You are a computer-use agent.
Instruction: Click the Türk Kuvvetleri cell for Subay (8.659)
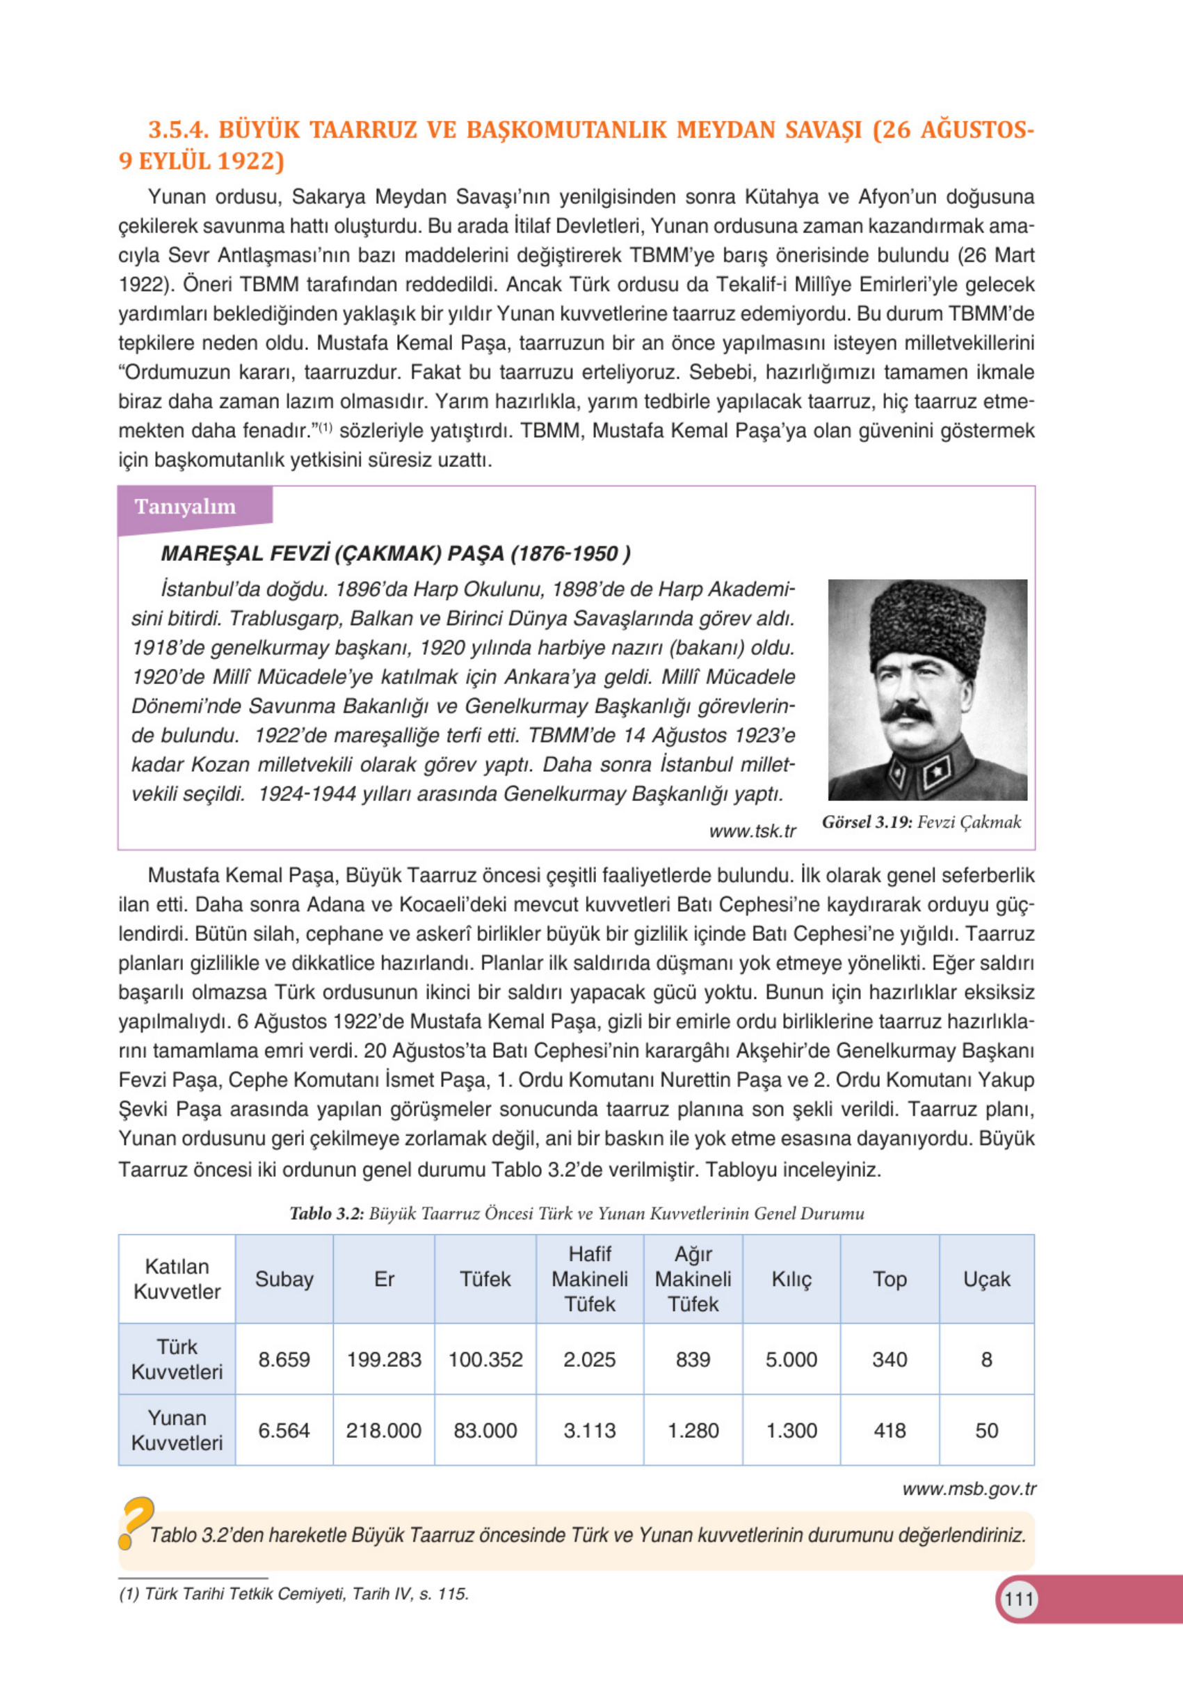click(x=284, y=1359)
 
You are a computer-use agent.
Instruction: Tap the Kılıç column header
click(x=791, y=1279)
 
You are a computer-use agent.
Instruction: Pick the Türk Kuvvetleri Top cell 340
click(x=890, y=1359)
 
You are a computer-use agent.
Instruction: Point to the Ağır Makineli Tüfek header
click(x=693, y=1279)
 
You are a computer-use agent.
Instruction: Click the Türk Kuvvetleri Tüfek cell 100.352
click(x=485, y=1359)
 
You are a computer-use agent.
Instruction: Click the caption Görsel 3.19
click(x=867, y=822)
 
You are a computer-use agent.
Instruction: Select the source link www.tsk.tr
click(x=752, y=831)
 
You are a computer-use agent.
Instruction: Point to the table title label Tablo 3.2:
click(x=327, y=1213)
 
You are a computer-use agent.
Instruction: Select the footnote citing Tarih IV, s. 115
click(x=293, y=1594)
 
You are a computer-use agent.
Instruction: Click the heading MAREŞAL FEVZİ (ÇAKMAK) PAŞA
click(x=395, y=553)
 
